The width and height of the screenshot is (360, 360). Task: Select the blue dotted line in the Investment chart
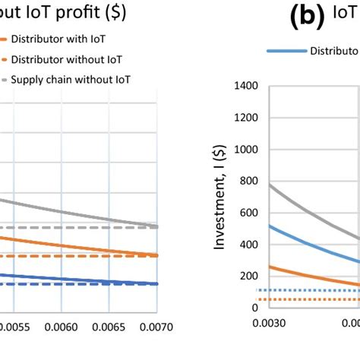304,290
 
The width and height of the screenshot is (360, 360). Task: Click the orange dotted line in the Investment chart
304,299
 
